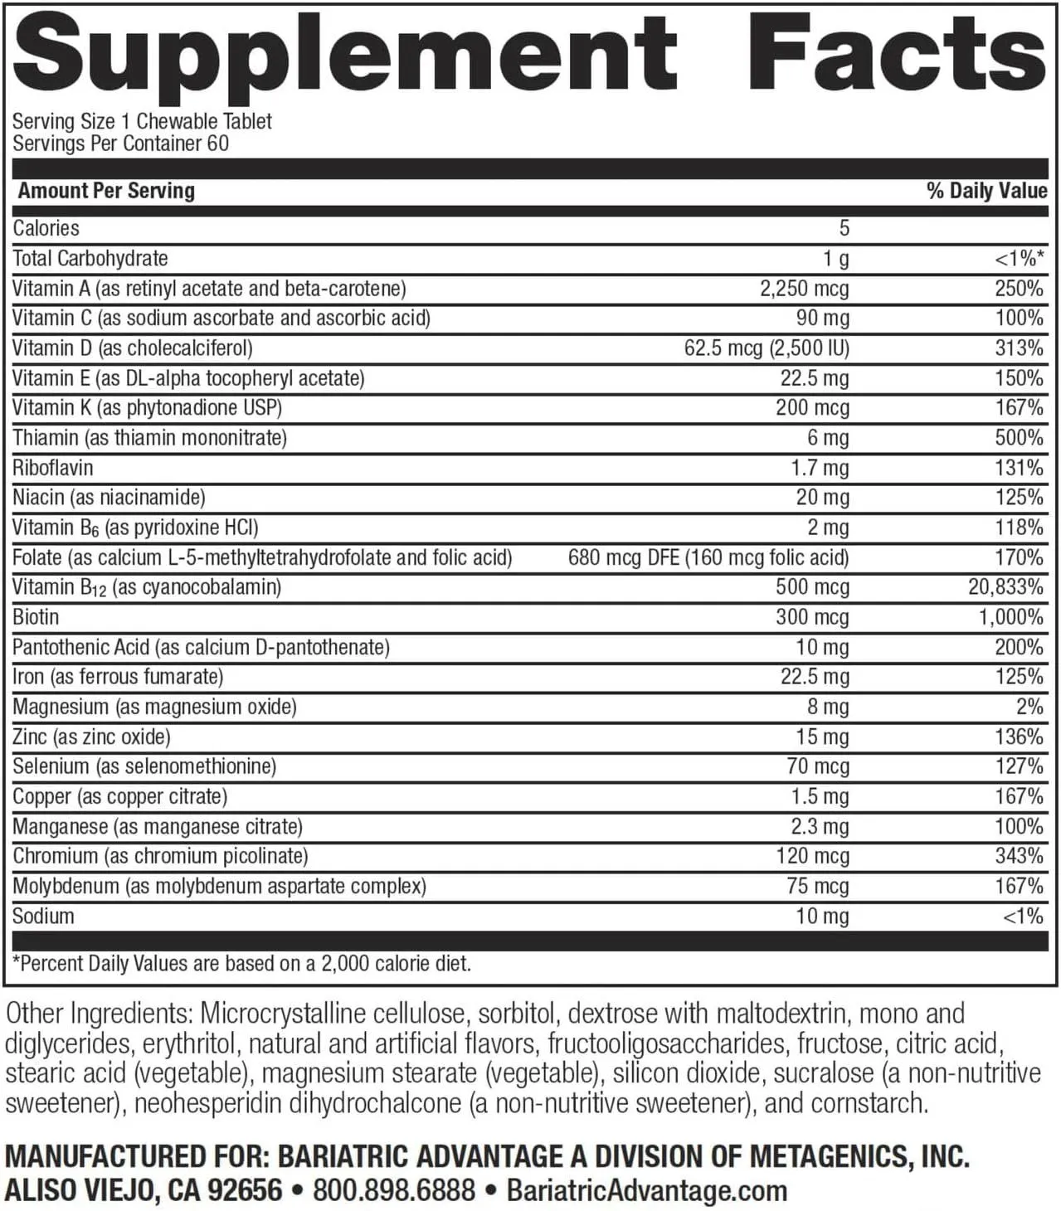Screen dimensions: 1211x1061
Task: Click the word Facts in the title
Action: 896,51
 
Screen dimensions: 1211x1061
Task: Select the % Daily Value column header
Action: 986,191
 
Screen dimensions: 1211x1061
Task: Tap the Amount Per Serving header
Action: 106,191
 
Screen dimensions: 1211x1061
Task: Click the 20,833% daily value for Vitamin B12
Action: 1005,587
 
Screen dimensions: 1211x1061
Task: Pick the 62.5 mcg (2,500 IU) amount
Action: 766,348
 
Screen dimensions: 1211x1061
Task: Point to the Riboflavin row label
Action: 52,468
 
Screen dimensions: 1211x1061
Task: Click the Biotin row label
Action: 36,617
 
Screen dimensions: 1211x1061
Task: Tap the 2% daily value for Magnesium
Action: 1029,707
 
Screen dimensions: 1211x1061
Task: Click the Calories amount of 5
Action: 844,228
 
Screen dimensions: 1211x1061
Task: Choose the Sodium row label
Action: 43,916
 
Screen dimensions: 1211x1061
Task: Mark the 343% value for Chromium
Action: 1019,856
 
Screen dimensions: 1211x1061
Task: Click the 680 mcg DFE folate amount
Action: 708,557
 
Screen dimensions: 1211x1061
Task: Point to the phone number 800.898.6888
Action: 394,1190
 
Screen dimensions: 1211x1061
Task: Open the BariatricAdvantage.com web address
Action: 646,1190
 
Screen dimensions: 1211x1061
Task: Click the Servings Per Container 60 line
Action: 120,143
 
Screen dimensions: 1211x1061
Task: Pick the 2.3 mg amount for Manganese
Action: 815,826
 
